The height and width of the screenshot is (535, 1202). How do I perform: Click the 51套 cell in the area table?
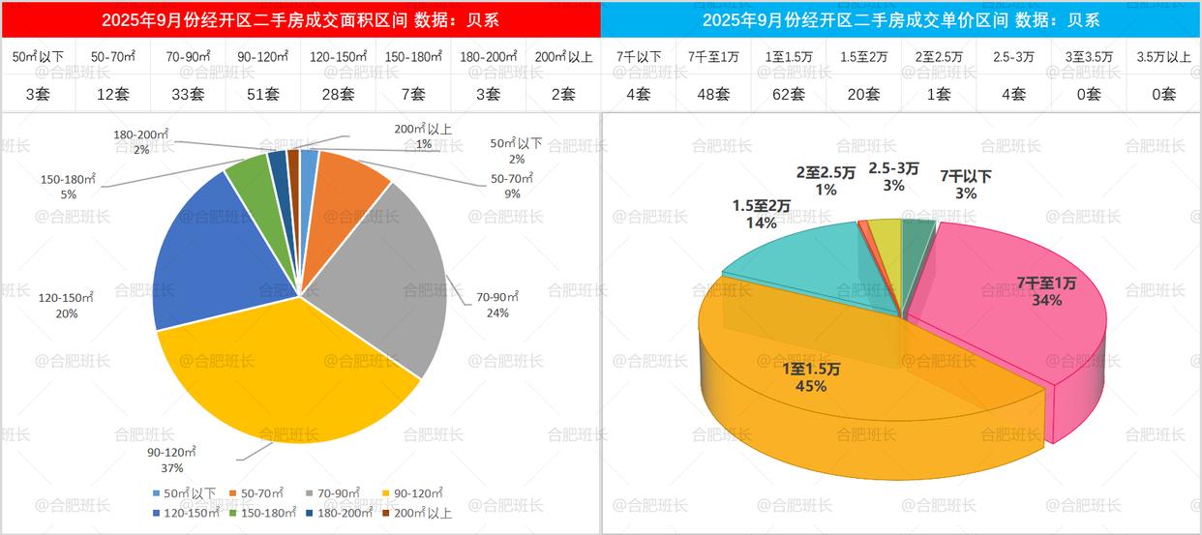coord(263,94)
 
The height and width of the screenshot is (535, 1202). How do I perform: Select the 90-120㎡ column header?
coord(263,57)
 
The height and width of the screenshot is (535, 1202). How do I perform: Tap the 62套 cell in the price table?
coord(790,94)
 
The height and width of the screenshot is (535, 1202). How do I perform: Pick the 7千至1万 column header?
coord(714,57)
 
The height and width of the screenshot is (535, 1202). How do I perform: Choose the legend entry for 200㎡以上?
coord(418,513)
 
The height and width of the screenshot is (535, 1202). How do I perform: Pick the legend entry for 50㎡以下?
coord(184,493)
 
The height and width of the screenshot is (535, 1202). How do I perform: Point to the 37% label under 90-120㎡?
coord(172,468)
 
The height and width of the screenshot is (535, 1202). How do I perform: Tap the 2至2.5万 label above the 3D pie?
coord(826,173)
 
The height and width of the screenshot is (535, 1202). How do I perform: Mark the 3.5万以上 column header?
coord(1164,57)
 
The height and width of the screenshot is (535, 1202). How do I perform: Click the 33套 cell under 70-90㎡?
coord(189,94)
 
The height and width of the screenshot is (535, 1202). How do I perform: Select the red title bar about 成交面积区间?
coord(300,19)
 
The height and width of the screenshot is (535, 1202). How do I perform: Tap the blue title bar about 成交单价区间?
coord(900,19)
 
